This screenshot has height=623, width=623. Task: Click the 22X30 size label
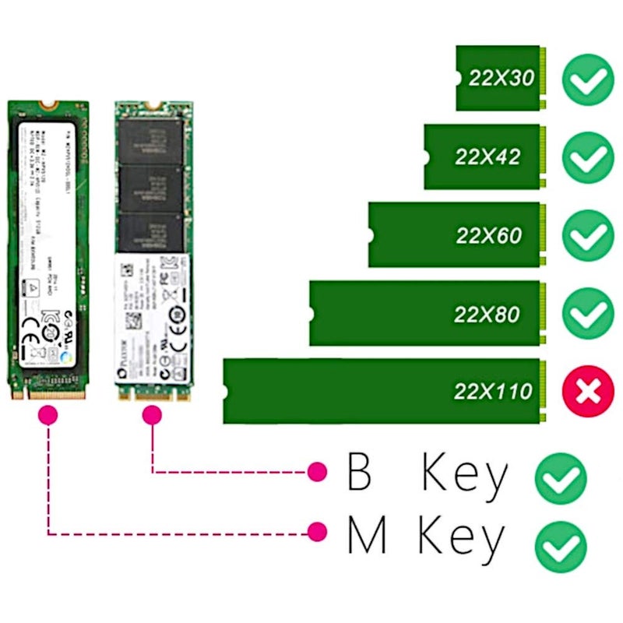coord(501,78)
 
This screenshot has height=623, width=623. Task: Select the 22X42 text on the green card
coord(487,157)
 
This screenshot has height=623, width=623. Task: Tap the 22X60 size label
coord(489,235)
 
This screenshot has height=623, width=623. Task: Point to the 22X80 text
coord(487,314)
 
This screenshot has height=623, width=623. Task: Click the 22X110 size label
coord(492,391)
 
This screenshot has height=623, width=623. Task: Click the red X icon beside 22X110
coord(588,391)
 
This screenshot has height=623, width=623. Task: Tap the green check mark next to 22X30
coord(588,79)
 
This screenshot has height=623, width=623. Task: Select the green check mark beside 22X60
coord(588,235)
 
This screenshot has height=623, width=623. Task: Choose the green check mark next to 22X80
coord(588,314)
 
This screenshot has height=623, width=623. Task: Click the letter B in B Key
coord(359,472)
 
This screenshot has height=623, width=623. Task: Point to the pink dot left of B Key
coord(317,471)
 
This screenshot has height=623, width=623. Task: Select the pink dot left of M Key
coord(317,533)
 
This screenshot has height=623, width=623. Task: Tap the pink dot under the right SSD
coord(152,417)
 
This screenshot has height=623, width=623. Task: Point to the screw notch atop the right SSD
coord(153,104)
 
